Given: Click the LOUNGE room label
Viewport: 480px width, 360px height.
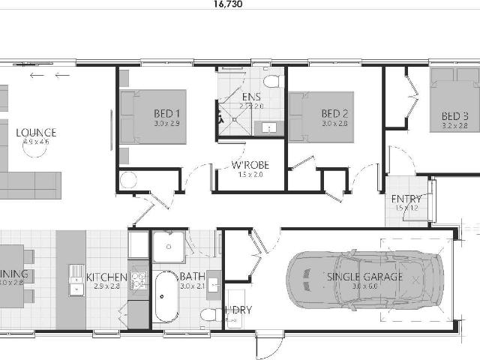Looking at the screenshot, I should pos(36,133).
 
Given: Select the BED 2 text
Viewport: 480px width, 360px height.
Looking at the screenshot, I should pos(335,114).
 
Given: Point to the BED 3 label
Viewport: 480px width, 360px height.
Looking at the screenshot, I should pos(454,115).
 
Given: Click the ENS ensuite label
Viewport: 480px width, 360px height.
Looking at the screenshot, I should pos(250,97).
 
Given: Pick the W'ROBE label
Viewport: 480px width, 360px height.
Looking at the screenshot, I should pos(250,165).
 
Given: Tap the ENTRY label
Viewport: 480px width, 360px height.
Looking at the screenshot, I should pos(406,198).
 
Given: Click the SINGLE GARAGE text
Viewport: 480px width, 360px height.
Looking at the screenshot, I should pos(364,277).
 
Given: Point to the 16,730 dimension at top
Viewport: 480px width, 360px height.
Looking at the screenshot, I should pos(227,4).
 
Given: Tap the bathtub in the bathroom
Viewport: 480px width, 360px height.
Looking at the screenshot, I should pos(166,295).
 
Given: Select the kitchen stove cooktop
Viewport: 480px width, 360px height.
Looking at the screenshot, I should pos(138,280).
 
